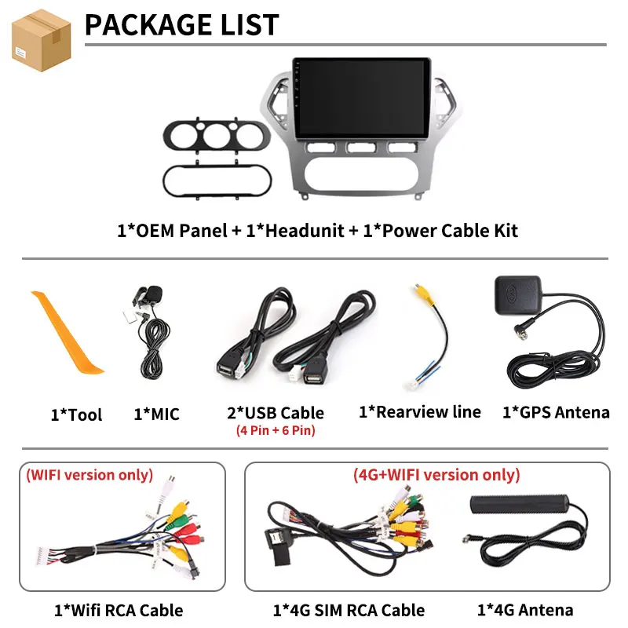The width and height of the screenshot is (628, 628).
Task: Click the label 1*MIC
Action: tap(156, 414)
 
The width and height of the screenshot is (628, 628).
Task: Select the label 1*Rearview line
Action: tap(419, 411)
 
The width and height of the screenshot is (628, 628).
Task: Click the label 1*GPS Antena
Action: tap(556, 412)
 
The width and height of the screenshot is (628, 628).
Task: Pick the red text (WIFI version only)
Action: tap(89, 475)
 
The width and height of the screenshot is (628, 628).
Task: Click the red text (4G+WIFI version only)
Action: tap(436, 475)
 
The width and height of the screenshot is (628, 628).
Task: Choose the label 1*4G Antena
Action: tap(525, 609)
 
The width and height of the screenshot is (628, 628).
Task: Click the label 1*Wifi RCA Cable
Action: tap(119, 610)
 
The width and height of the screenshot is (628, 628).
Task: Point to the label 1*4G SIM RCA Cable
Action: tap(349, 610)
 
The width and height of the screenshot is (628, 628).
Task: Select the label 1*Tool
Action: tap(76, 414)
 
